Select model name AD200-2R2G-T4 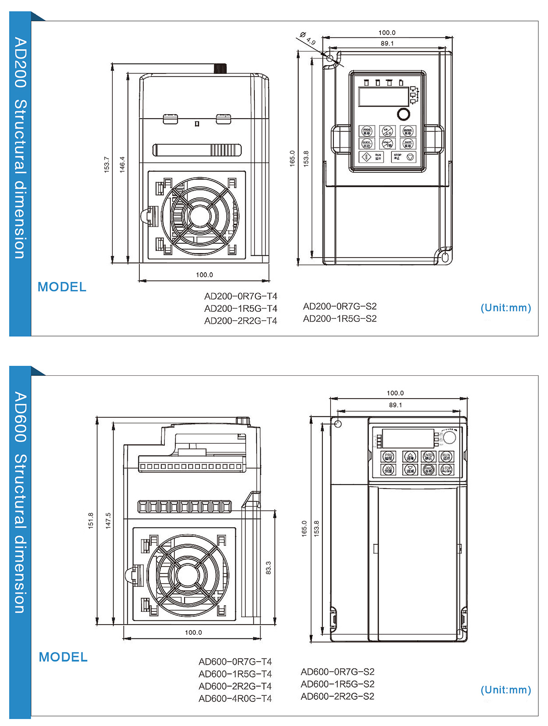click(x=241, y=321)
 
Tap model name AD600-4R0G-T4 click(x=235, y=699)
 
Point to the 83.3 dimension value click(x=269, y=568)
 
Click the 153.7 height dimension click(x=107, y=164)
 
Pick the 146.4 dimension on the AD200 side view click(x=122, y=164)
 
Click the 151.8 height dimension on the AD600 click(x=90, y=521)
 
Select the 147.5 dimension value click(x=108, y=521)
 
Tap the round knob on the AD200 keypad click(x=403, y=114)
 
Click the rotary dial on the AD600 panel click(x=449, y=437)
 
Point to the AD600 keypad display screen click(x=408, y=438)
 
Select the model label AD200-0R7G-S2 click(x=340, y=306)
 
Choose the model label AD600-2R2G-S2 click(x=337, y=696)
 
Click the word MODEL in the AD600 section click(x=63, y=657)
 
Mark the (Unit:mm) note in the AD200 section click(x=506, y=308)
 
